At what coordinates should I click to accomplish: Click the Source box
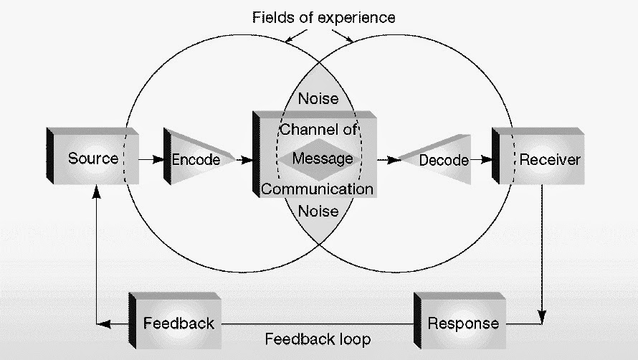click(92, 156)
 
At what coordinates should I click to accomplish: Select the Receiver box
click(538, 156)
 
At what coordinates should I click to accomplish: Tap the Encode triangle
click(197, 157)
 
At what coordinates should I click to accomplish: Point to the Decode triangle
click(436, 159)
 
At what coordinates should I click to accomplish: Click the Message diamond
click(320, 159)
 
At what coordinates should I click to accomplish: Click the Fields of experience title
click(323, 17)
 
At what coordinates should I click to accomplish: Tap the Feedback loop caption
click(318, 338)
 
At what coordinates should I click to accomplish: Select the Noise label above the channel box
click(318, 98)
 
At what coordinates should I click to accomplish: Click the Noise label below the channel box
click(318, 212)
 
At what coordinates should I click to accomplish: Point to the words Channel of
click(318, 130)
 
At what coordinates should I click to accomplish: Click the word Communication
click(318, 189)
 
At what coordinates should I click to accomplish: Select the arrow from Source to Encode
click(151, 160)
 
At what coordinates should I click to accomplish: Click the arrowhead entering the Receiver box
click(486, 160)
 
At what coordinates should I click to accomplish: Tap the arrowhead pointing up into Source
click(97, 191)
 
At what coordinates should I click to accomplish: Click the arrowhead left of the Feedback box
click(104, 324)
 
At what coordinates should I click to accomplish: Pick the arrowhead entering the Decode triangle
click(394, 160)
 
